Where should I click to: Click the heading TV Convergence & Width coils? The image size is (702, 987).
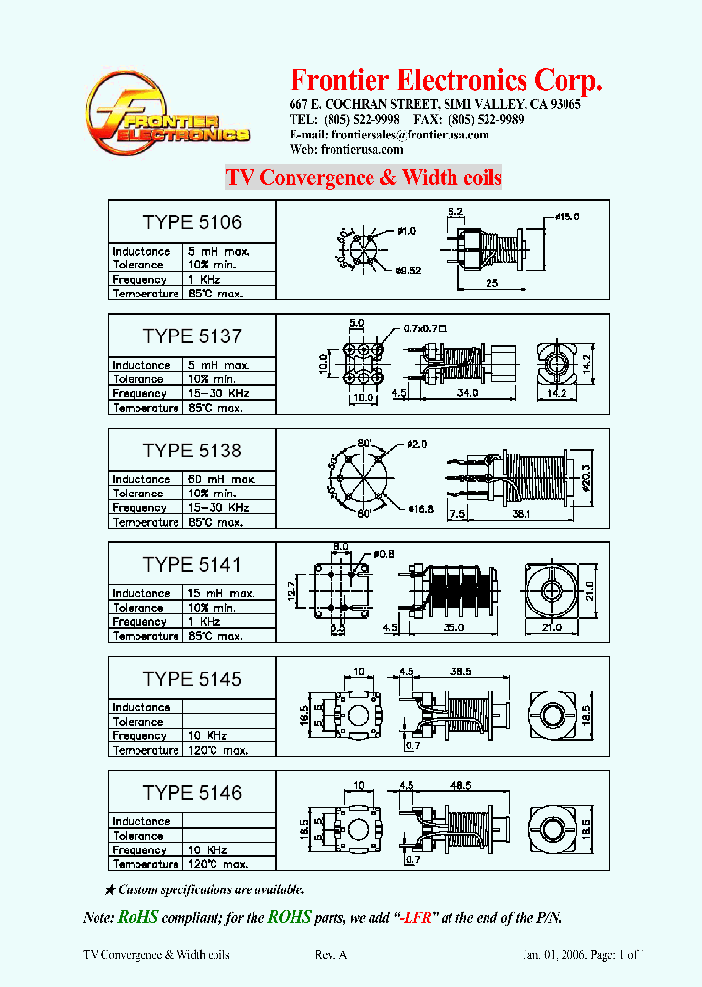click(364, 178)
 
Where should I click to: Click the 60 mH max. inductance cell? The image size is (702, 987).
click(228, 479)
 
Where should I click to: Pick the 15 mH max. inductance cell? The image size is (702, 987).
click(228, 593)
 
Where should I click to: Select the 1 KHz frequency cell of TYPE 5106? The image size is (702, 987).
click(228, 279)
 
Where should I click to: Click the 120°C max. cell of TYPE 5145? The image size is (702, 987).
click(228, 750)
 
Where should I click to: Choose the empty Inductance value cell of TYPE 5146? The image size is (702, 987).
click(228, 821)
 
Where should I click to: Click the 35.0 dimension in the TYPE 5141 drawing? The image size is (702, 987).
click(453, 629)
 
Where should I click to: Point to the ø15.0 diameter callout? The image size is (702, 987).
click(567, 216)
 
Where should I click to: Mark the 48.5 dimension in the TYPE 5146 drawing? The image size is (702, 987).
click(456, 784)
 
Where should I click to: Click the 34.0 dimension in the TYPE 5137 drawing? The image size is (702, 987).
click(467, 394)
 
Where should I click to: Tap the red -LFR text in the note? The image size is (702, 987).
click(418, 918)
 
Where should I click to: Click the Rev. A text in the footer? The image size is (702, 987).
click(331, 955)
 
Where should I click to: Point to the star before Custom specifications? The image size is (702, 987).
click(110, 889)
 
